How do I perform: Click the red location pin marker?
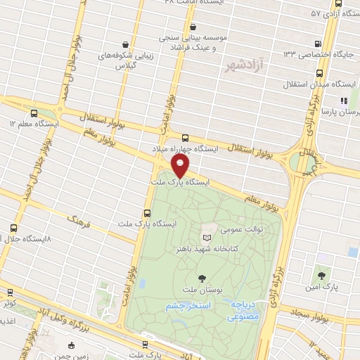coord(181,167)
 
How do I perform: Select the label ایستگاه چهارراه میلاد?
coord(185,150)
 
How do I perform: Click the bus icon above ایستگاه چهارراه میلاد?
coord(185,139)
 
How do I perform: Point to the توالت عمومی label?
coord(221,228)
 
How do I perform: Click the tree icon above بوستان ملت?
coord(202,279)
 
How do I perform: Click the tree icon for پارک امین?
coord(321,276)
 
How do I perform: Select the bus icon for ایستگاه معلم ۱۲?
coord(34,112)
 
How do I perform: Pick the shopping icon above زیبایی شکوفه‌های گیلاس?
coord(124,44)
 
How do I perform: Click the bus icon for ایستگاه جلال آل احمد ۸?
coord(15,229)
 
